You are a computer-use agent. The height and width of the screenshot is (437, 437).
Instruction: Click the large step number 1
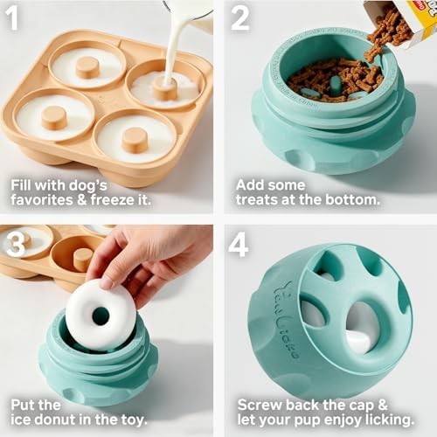[x=12, y=18]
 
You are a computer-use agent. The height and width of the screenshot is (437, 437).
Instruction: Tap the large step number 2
[x=240, y=18]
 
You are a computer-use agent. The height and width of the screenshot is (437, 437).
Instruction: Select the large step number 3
[x=15, y=245]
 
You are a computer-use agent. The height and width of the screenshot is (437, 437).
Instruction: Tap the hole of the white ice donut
[x=101, y=316]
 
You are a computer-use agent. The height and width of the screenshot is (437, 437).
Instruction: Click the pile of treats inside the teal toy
[x=335, y=77]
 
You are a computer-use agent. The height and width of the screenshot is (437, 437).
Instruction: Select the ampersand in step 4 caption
[x=383, y=405]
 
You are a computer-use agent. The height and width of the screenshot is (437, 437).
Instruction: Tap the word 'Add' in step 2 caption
[x=249, y=185]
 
